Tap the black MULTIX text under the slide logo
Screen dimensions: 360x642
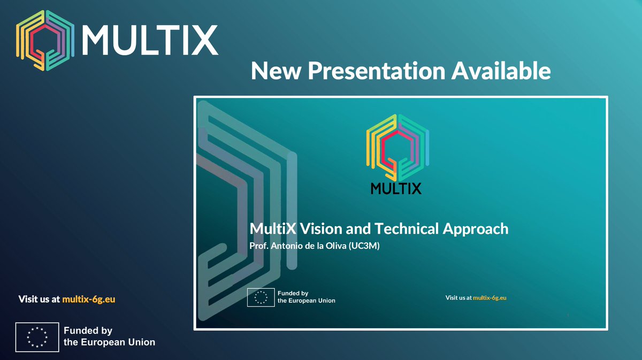click(x=395, y=188)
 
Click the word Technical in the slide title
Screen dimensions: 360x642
click(x=406, y=229)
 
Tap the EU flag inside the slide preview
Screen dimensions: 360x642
click(x=261, y=297)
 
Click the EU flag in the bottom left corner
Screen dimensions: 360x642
click(x=37, y=337)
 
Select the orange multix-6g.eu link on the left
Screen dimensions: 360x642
click(x=88, y=300)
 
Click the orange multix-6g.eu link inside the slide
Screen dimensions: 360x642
click(x=490, y=297)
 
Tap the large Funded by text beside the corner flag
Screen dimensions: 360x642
click(x=88, y=331)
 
